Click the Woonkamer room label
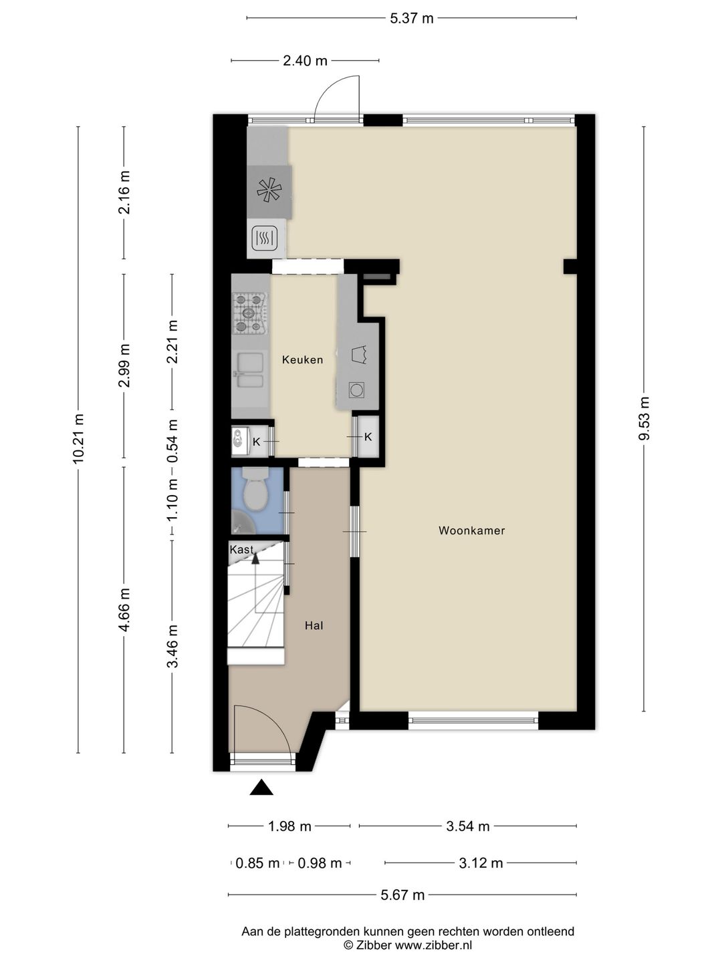(x=472, y=530)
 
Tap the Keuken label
(x=302, y=360)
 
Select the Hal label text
(x=314, y=626)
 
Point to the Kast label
(x=241, y=549)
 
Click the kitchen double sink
(x=250, y=370)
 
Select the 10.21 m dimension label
(x=78, y=438)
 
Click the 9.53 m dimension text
(x=644, y=419)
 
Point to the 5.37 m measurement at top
(x=412, y=19)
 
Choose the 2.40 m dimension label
(x=305, y=61)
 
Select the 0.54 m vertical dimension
(x=172, y=441)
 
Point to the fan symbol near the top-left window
(x=269, y=190)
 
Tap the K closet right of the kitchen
(x=368, y=436)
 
